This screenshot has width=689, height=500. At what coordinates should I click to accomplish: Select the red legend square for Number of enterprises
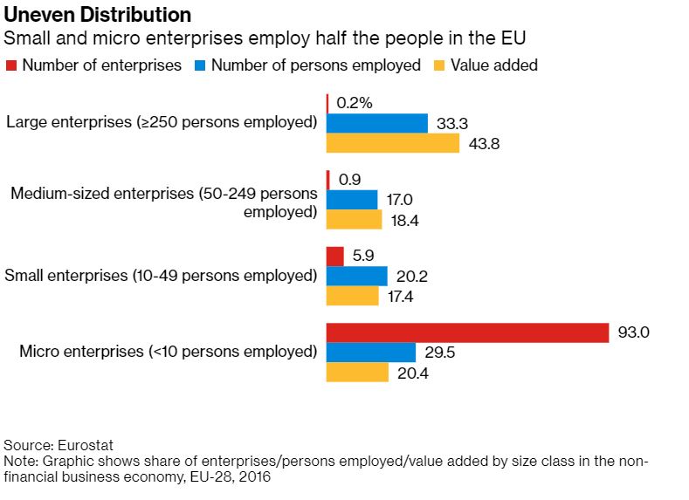click(10, 65)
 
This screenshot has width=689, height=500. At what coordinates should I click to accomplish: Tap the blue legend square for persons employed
click(199, 65)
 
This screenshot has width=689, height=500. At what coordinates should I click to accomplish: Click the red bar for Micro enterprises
click(467, 333)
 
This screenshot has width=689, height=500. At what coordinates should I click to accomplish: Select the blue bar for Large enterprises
click(376, 123)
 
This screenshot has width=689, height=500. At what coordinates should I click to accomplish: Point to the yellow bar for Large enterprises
click(392, 143)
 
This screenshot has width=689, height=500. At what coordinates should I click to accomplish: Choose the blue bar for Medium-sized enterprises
click(352, 200)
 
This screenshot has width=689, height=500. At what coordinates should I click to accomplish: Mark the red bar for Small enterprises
click(334, 257)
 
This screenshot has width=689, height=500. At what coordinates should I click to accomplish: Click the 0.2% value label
click(355, 103)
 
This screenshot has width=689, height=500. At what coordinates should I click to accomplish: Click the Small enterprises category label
click(161, 276)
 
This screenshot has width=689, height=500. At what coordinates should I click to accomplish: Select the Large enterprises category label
click(162, 122)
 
